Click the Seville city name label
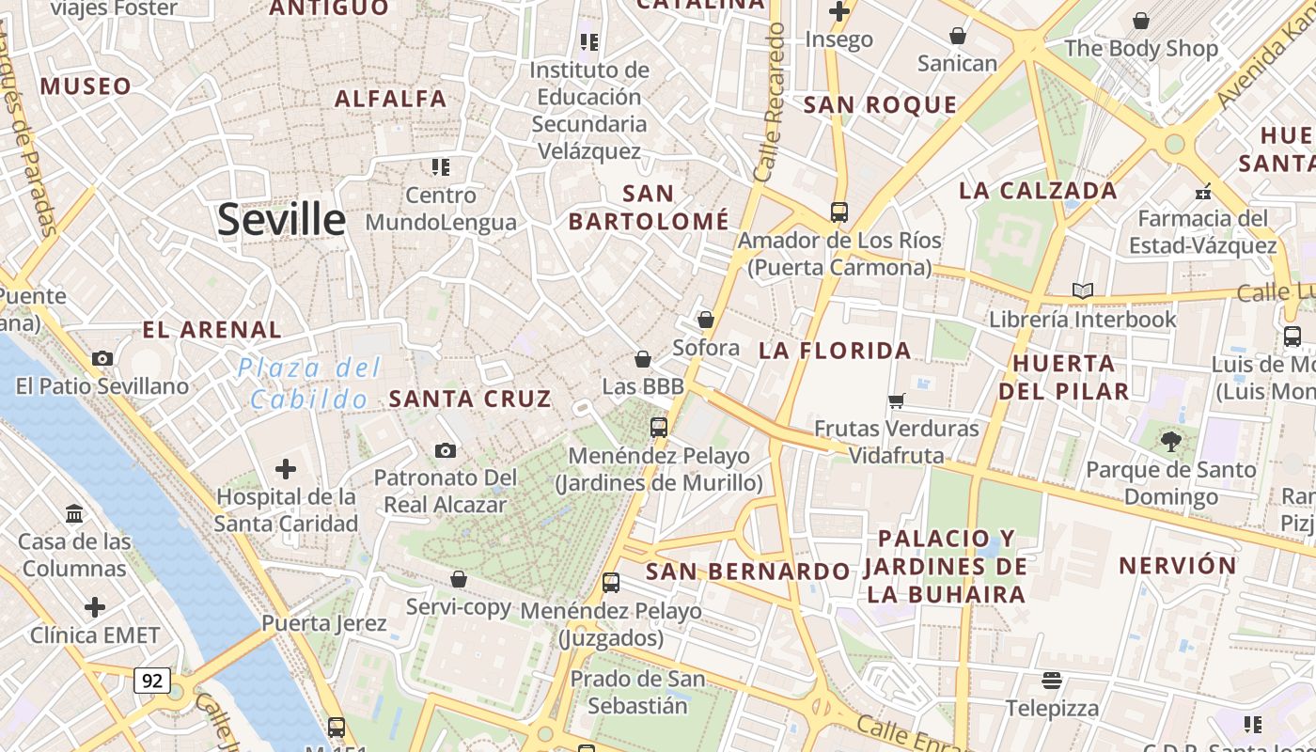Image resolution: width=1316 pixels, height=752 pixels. pos(281,220)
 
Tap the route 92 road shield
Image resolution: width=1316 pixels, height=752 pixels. pos(151,680)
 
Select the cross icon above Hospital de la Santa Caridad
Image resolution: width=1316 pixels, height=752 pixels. pos(286,469)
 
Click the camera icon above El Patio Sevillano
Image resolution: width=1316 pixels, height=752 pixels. pos(102,358)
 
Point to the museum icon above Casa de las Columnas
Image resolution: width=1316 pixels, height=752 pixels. pos(74,513)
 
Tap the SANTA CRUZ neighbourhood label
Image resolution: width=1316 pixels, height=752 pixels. pos(470,399)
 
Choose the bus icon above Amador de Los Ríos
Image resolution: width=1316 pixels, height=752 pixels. pos(839,212)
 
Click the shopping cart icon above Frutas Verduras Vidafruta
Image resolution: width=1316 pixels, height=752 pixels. pos(897,400)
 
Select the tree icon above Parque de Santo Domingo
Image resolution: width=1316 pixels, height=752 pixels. pos(1170,441)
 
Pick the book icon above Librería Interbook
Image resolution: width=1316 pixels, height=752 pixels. pos(1083,291)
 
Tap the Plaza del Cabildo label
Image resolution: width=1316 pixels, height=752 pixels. pos(309,384)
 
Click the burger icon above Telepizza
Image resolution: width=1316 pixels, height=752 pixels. pos(1052,680)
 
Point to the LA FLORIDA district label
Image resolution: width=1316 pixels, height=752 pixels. pos(835,352)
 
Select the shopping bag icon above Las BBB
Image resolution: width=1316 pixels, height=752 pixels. pos(643,359)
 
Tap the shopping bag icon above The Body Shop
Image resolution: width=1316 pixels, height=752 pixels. pos(1141,21)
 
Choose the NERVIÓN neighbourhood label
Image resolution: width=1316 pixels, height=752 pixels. pos(1177,566)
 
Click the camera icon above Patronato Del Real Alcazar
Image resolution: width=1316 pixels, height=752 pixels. pos(446,451)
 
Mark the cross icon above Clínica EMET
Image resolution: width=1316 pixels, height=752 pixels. pos(95,607)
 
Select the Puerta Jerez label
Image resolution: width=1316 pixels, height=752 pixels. pos(323,623)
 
